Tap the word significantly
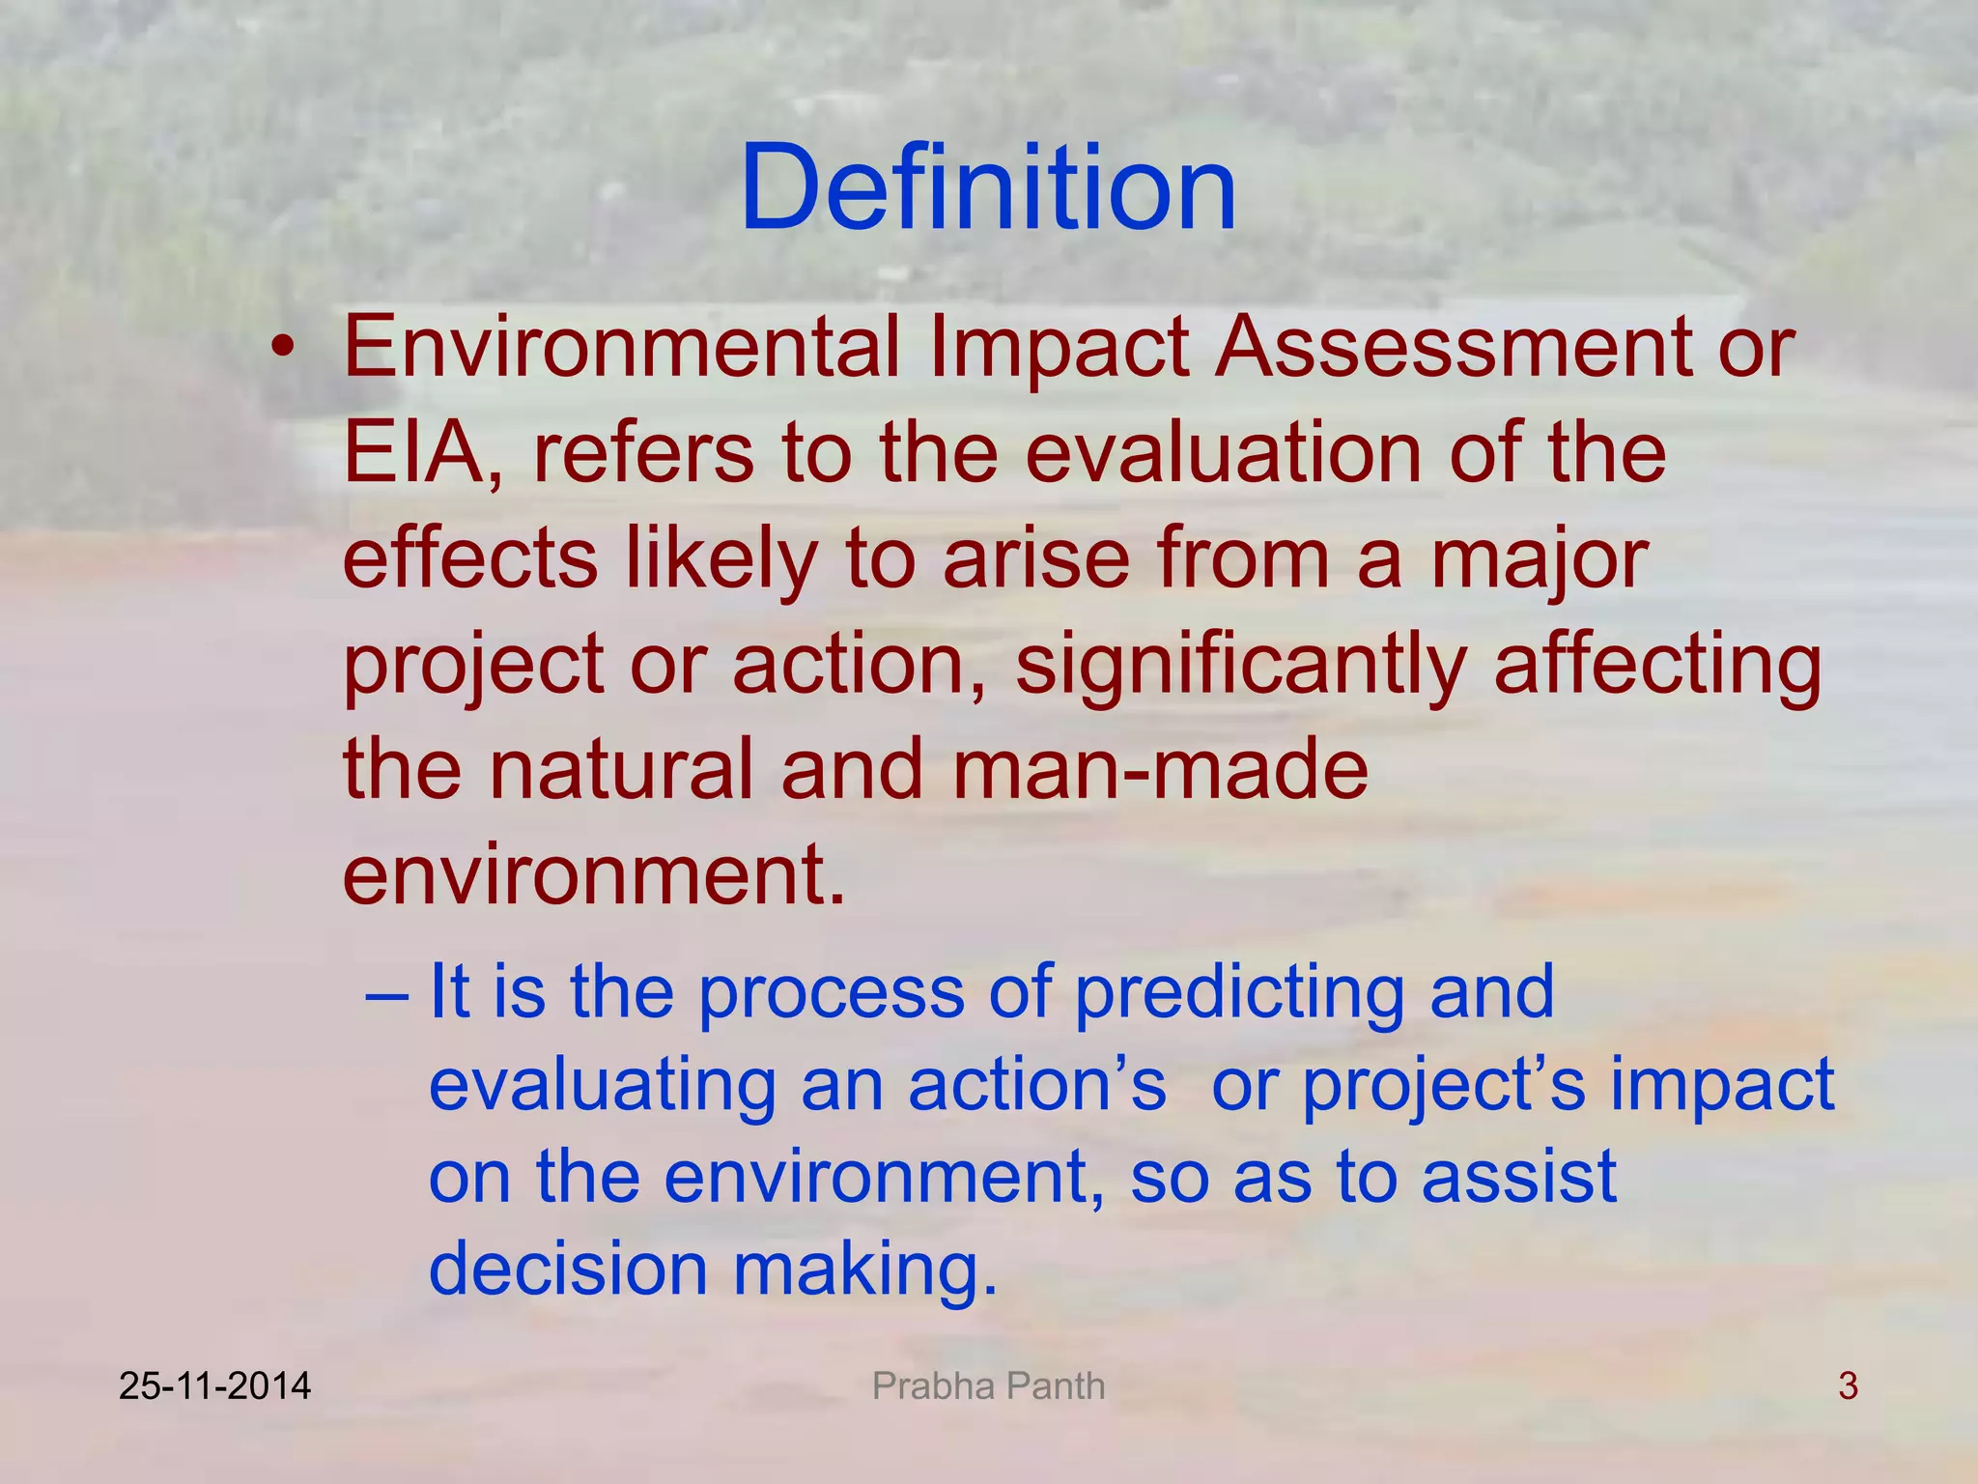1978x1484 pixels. (1240, 667)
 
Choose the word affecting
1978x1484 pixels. (1657, 667)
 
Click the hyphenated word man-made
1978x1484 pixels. (1160, 770)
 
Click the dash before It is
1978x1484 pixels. (388, 993)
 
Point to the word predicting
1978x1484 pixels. (1239, 993)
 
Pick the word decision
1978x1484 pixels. (568, 1269)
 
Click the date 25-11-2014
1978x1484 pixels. (214, 1386)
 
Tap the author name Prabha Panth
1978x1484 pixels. (988, 1386)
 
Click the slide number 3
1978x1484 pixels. (1848, 1386)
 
